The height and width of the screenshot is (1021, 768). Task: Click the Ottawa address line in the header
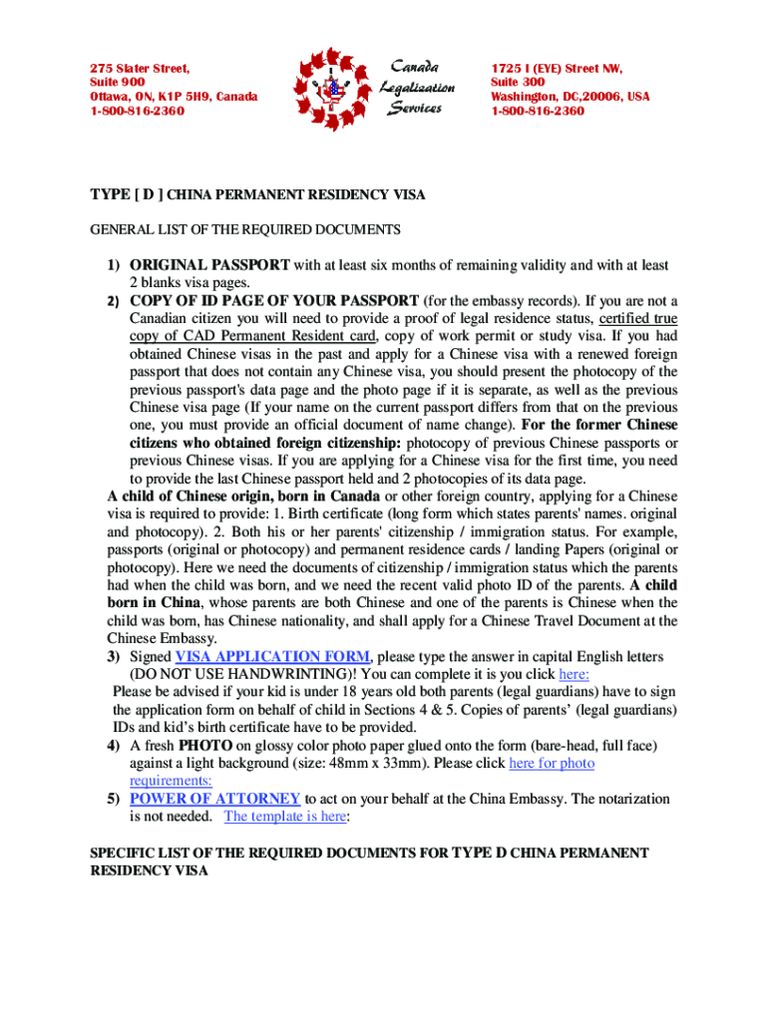pyautogui.click(x=174, y=97)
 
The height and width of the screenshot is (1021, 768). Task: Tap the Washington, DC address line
pyautogui.click(x=570, y=97)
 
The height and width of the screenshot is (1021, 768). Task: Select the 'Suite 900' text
pyautogui.click(x=118, y=83)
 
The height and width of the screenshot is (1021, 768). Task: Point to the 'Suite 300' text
pyautogui.click(x=518, y=83)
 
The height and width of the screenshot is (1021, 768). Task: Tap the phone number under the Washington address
pyautogui.click(x=537, y=111)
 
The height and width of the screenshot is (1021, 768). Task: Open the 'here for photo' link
pyautogui.click(x=552, y=763)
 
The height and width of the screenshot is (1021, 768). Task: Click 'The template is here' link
pyautogui.click(x=285, y=817)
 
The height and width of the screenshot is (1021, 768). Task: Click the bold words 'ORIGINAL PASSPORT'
pyautogui.click(x=209, y=265)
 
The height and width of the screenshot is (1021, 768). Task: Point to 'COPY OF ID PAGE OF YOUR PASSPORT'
pyautogui.click(x=274, y=301)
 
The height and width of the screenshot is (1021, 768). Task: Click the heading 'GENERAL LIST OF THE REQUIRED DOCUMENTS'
pyautogui.click(x=245, y=229)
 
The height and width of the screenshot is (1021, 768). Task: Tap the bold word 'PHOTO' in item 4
pyautogui.click(x=205, y=745)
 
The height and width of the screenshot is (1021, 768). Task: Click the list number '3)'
pyautogui.click(x=115, y=656)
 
